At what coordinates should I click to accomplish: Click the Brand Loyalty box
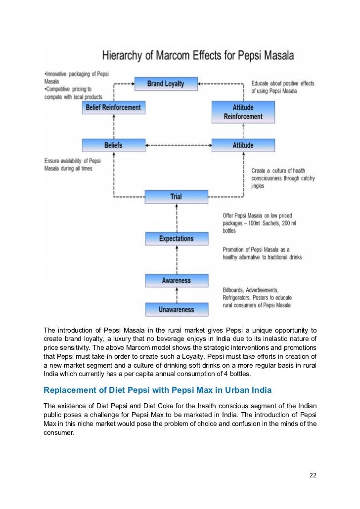(x=166, y=84)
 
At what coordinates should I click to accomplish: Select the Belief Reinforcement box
(x=113, y=107)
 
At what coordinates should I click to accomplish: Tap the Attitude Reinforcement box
(x=243, y=112)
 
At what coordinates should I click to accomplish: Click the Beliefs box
(x=113, y=145)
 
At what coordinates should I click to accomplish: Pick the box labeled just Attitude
(x=243, y=145)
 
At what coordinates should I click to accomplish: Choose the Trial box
(x=176, y=197)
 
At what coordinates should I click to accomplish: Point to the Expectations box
(x=176, y=239)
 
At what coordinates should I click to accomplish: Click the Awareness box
(x=176, y=281)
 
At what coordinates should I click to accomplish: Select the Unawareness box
(x=176, y=310)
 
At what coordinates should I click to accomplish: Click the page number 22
(x=313, y=475)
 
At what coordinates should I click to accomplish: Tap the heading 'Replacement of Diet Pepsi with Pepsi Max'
(x=157, y=390)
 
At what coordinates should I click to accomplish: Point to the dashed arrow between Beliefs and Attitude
(x=178, y=145)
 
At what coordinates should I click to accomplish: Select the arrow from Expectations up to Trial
(x=176, y=217)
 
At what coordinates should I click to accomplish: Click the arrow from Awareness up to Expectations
(x=176, y=259)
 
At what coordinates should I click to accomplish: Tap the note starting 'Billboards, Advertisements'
(x=257, y=297)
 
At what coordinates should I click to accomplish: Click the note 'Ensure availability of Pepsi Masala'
(x=72, y=165)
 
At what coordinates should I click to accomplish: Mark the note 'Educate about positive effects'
(x=282, y=87)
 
